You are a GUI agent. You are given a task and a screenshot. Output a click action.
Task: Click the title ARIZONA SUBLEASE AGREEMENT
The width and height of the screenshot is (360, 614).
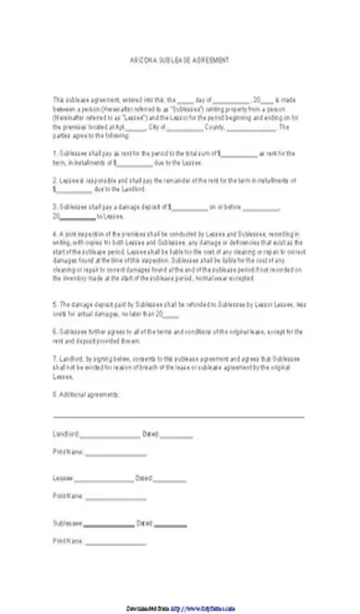pyautogui.click(x=179, y=58)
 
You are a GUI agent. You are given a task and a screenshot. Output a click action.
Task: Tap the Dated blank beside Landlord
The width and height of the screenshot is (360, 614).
pyautogui.click(x=177, y=435)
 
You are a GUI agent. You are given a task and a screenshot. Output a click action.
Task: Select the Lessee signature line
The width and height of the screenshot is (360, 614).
pyautogui.click(x=103, y=479)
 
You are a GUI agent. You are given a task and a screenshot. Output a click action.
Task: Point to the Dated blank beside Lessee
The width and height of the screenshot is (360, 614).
pyautogui.click(x=170, y=479)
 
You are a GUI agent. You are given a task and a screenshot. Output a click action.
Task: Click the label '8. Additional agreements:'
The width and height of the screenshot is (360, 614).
pyautogui.click(x=87, y=394)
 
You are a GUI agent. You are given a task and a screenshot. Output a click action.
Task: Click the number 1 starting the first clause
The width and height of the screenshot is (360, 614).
pyautogui.click(x=54, y=151)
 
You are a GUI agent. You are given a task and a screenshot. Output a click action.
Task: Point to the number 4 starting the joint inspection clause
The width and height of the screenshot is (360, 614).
pyautogui.click(x=54, y=234)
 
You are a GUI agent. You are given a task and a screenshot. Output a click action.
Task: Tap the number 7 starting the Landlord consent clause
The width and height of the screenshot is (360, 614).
pyautogui.click(x=54, y=355)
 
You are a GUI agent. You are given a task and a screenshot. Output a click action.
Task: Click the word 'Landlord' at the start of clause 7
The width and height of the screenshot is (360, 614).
pyautogui.click(x=69, y=355)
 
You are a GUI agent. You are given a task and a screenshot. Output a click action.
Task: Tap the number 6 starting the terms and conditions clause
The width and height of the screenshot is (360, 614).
pyautogui.click(x=54, y=330)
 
